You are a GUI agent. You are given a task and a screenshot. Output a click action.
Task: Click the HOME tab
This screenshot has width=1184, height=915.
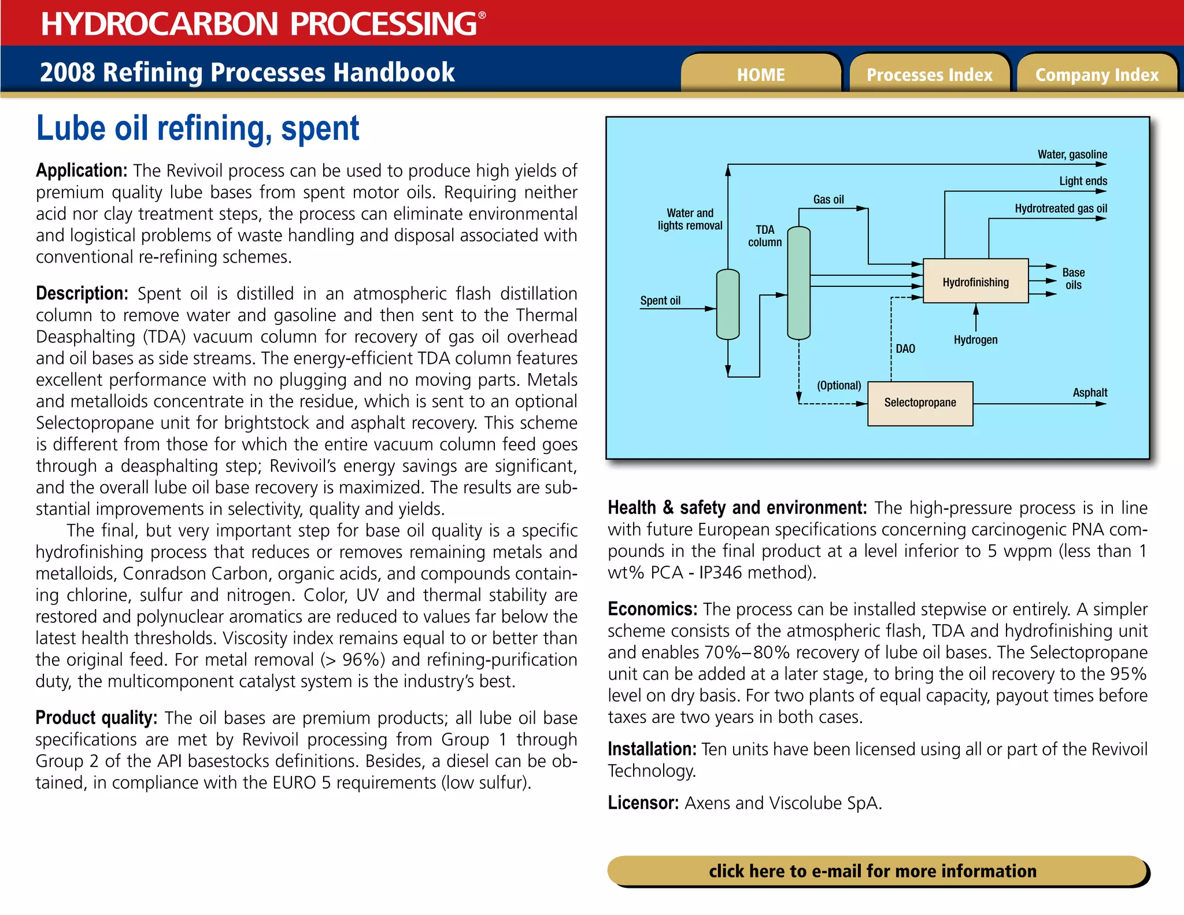(x=760, y=75)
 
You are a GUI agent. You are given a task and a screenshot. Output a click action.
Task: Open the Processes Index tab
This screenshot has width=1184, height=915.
(x=929, y=75)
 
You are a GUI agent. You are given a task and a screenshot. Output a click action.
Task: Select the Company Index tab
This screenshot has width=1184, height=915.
(x=1097, y=75)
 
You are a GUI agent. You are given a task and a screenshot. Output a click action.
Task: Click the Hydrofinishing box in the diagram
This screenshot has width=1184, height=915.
(x=975, y=282)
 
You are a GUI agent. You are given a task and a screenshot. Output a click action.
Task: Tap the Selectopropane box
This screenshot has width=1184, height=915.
(x=920, y=403)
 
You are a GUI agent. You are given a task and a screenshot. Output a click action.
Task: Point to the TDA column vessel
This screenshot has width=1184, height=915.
(x=798, y=283)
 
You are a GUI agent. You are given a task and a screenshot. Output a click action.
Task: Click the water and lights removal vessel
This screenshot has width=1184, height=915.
(x=727, y=304)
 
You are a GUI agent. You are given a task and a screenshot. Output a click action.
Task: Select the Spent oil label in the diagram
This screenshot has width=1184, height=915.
(x=660, y=300)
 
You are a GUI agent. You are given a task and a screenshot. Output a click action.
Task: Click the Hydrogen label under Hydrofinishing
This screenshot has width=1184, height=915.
(x=975, y=340)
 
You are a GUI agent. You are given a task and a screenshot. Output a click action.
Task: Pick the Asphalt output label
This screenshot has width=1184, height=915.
(x=1090, y=392)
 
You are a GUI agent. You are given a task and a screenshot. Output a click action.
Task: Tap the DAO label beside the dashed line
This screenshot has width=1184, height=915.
(x=905, y=348)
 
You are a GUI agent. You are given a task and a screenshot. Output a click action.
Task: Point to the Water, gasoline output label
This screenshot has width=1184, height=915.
(x=1072, y=154)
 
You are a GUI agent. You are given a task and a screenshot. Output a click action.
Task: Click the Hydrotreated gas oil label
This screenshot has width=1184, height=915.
(x=1061, y=208)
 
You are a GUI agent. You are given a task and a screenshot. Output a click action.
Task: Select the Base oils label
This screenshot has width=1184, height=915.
(x=1073, y=278)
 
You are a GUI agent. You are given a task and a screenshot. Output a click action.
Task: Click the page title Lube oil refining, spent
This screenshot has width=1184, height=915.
(x=198, y=128)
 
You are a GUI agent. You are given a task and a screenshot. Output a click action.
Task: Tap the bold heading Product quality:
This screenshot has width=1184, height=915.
(x=96, y=718)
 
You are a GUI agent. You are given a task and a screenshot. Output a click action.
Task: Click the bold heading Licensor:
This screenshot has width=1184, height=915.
(x=643, y=803)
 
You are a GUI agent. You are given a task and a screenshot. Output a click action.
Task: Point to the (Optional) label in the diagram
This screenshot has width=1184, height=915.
(x=838, y=385)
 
